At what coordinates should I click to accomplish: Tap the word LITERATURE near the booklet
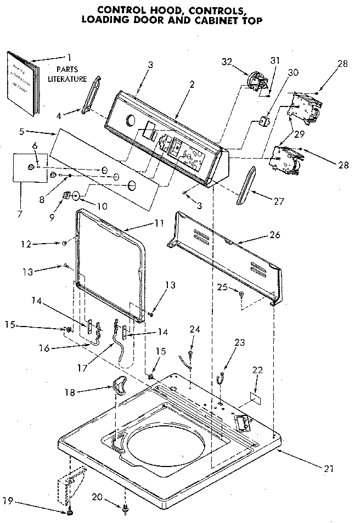71,78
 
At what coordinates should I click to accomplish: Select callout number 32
228,62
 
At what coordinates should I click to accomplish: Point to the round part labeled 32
254,81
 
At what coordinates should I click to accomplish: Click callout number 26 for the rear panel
274,234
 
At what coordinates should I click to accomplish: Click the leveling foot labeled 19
71,513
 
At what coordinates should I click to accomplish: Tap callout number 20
96,497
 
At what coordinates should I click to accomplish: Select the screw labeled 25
241,295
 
